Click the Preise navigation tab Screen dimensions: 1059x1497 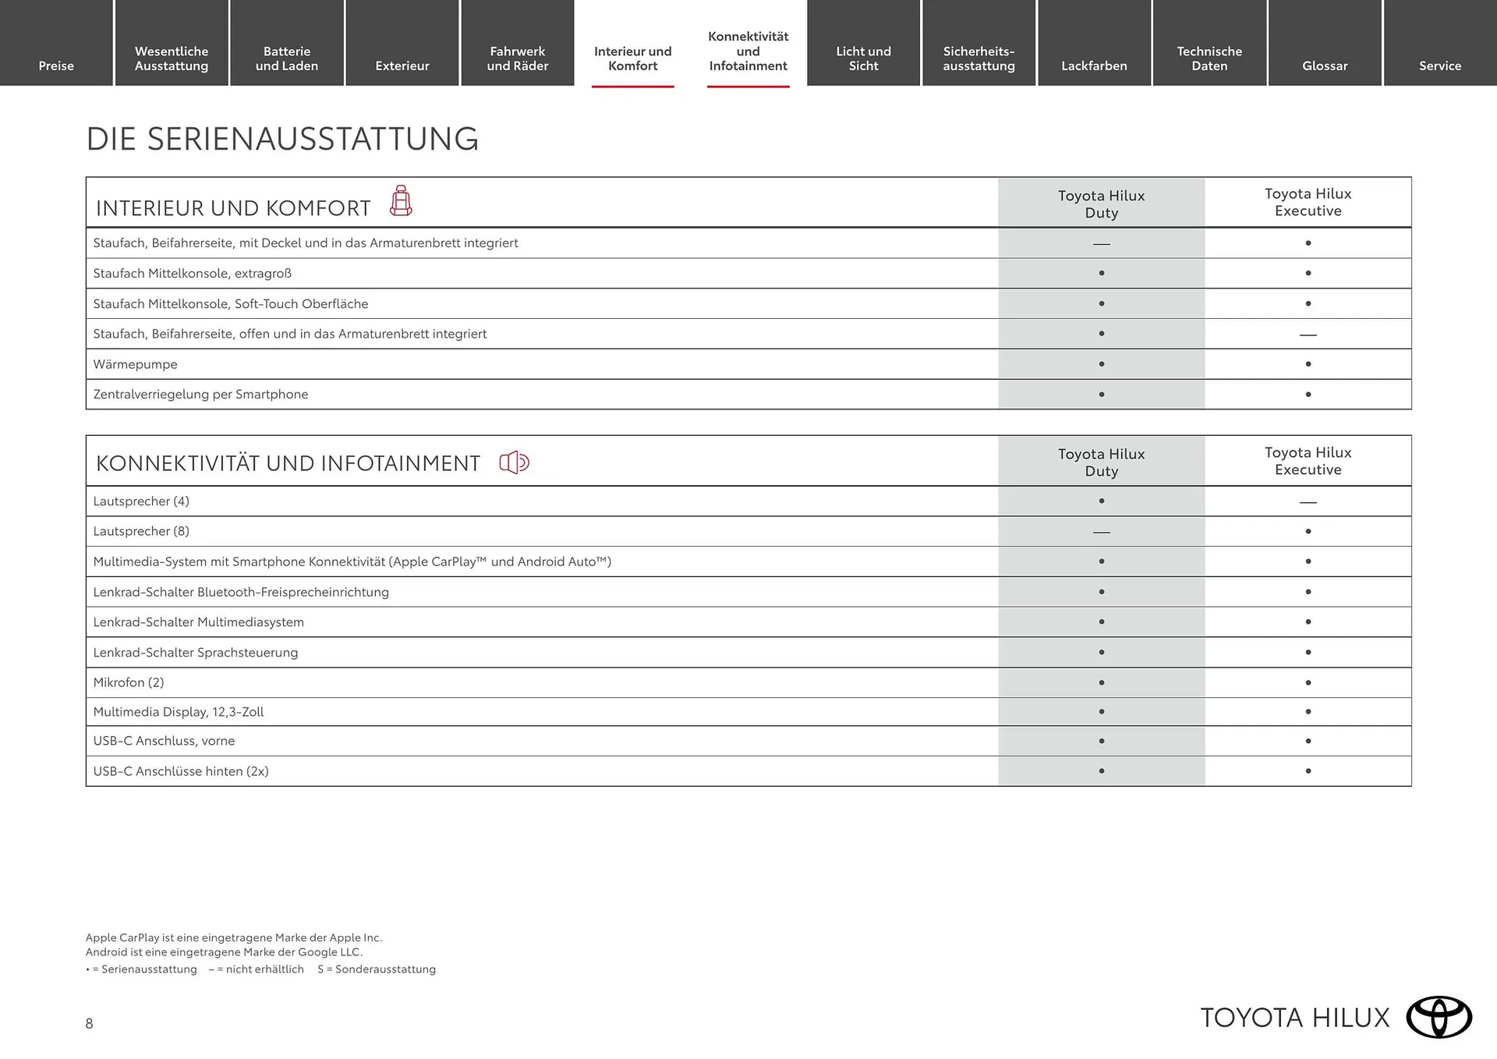[56, 66]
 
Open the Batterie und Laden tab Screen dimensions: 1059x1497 [287, 58]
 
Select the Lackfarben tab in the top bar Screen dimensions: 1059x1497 [1094, 66]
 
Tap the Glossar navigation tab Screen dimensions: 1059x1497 [1325, 66]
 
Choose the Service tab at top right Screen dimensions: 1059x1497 [1440, 66]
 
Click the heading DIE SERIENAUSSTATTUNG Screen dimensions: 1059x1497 [282, 139]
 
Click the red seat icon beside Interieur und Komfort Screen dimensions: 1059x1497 [401, 201]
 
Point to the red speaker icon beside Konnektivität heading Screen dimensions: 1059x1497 [515, 462]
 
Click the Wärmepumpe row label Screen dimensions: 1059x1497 [135, 364]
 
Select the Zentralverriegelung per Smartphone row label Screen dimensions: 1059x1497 [200, 395]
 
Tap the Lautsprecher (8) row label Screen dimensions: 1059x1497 [141, 531]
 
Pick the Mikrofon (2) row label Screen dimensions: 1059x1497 [129, 682]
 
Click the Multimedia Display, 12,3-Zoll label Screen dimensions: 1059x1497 [179, 712]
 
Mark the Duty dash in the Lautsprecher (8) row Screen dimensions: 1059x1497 [1101, 532]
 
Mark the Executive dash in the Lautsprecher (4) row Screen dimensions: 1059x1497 [1308, 502]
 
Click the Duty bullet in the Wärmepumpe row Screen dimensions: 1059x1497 [1101, 364]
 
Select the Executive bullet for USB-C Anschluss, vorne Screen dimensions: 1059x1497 [1308, 741]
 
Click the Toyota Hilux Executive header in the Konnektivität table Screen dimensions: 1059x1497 [1308, 461]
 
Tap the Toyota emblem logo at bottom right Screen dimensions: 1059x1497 [1439, 1017]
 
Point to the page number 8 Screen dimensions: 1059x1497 [90, 1024]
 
